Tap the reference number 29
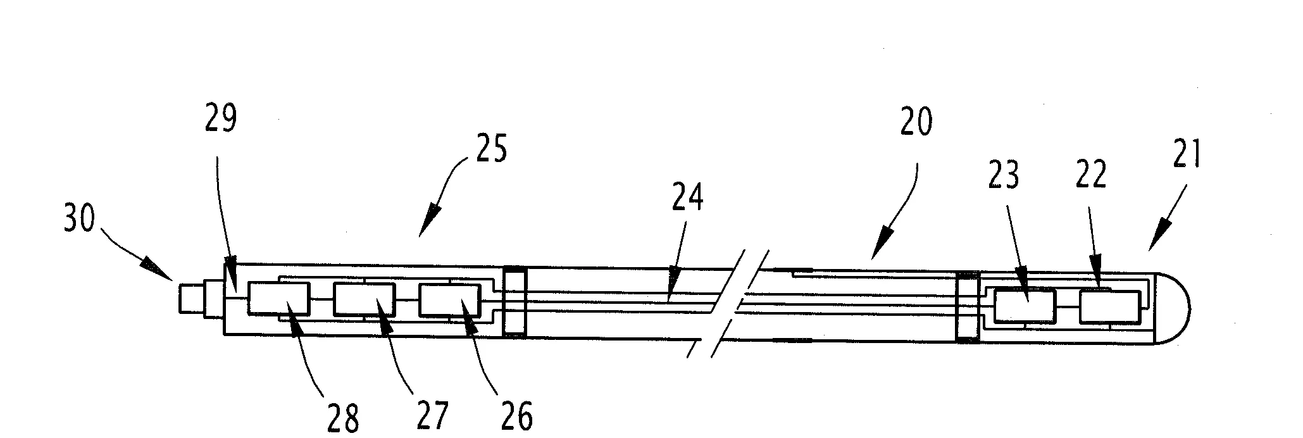point(220,119)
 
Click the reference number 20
point(915,123)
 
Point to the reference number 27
point(431,416)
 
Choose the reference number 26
point(516,416)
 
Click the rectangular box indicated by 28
point(279,299)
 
